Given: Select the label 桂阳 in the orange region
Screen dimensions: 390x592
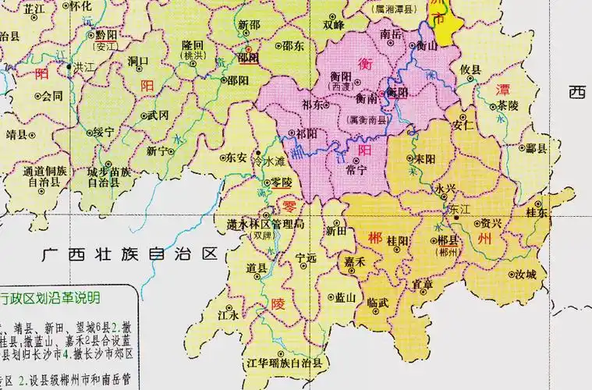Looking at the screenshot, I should pos(398,242).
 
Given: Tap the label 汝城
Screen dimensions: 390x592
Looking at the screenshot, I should pos(525,275).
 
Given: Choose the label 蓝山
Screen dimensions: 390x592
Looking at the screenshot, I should pos(346,297).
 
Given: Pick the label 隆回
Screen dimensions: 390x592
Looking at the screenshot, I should pos(192,45).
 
